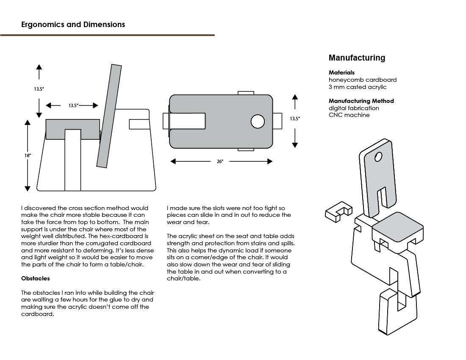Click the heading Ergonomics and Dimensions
click(x=73, y=25)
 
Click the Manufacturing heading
click(x=357, y=58)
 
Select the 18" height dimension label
click(x=28, y=155)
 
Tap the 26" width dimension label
click(x=219, y=161)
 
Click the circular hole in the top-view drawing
click(x=258, y=122)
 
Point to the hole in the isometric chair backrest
click(x=378, y=157)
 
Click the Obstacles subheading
click(x=35, y=278)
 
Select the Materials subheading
click(x=341, y=72)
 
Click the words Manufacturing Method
click(x=361, y=101)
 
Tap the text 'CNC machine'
click(x=349, y=115)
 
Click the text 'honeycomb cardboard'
click(x=363, y=80)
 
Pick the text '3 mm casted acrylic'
click(x=358, y=87)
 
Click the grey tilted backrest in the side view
click(x=109, y=116)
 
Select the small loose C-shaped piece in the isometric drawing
click(x=338, y=211)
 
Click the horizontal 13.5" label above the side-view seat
click(x=73, y=105)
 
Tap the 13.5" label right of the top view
click(x=295, y=119)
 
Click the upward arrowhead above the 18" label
click(x=28, y=123)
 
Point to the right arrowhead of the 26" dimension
click(x=269, y=161)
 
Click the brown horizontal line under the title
click(x=107, y=35)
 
